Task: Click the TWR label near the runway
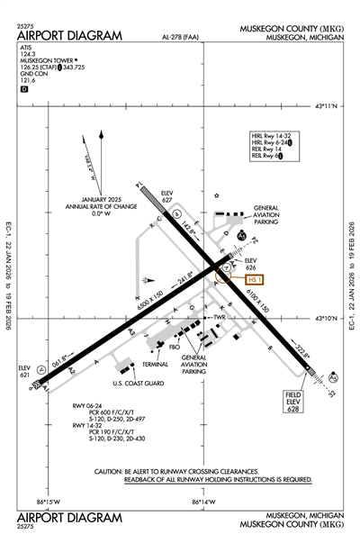tap(219, 318)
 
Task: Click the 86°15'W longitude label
tap(49, 502)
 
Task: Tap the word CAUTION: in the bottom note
tap(111, 472)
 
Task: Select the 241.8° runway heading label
tap(184, 279)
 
